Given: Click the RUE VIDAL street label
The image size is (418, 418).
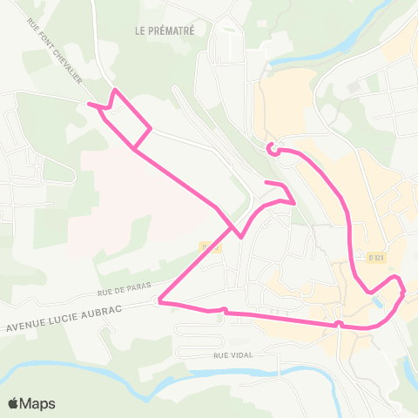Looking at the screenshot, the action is pos(232,355).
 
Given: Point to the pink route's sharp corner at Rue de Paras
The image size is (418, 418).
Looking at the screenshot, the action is pos(158,302).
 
